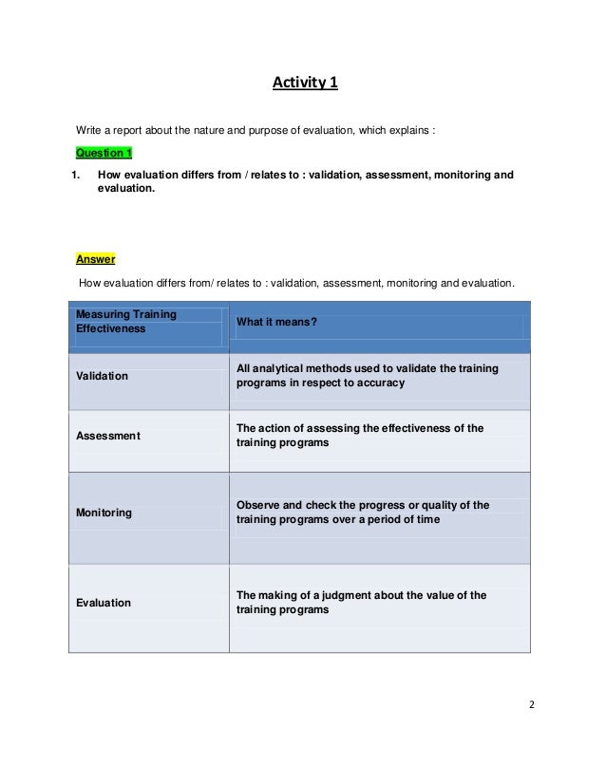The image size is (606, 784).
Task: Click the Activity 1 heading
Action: click(304, 84)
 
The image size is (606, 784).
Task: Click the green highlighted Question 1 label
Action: click(104, 153)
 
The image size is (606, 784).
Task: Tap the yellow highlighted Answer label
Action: click(95, 258)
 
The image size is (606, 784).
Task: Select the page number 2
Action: click(532, 705)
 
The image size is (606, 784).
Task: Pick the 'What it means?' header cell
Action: click(276, 322)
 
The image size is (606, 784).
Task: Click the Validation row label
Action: click(101, 376)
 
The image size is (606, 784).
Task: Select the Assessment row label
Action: click(107, 436)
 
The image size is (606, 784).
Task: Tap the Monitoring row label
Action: click(104, 513)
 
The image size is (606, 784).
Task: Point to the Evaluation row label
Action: click(103, 603)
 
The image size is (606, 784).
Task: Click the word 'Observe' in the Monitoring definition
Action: click(258, 505)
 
